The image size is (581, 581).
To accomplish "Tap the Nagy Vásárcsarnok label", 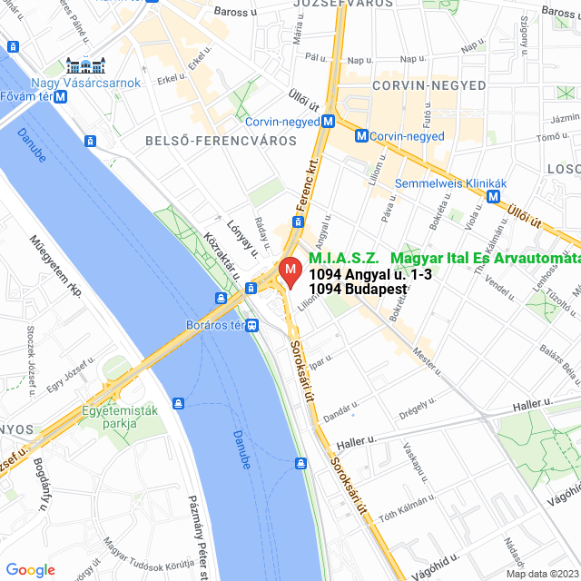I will (85, 83).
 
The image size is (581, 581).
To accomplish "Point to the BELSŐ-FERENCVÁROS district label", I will (208, 141).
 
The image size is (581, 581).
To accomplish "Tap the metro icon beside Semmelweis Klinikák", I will (494, 195).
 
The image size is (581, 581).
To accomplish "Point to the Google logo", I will (30, 569).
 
